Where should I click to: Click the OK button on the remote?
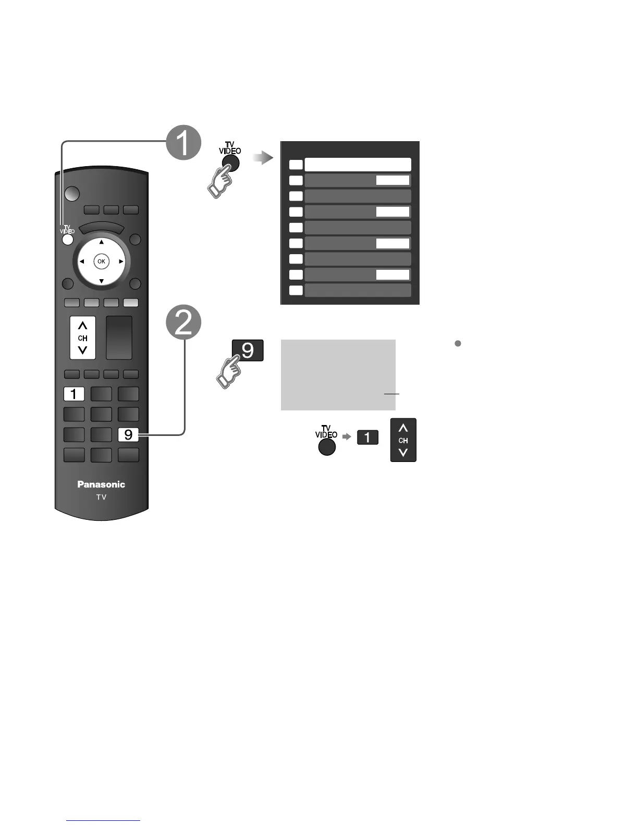pyautogui.click(x=101, y=261)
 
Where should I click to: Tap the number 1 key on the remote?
pyautogui.click(x=73, y=394)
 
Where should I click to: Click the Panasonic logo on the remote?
pyautogui.click(x=101, y=484)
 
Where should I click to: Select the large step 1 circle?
pyautogui.click(x=183, y=143)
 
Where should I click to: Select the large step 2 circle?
pyautogui.click(x=183, y=323)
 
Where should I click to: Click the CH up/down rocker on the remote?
pyautogui.click(x=83, y=338)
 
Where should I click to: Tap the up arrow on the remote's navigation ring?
pyautogui.click(x=102, y=242)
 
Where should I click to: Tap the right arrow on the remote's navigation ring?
pyautogui.click(x=121, y=261)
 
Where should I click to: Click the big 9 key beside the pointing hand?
pyautogui.click(x=248, y=350)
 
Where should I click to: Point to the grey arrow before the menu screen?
pyautogui.click(x=263, y=158)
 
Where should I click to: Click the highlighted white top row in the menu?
pyautogui.click(x=358, y=165)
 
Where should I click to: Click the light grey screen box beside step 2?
pyautogui.click(x=338, y=374)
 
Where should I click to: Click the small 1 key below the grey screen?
pyautogui.click(x=367, y=437)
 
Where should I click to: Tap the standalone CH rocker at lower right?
pyautogui.click(x=403, y=440)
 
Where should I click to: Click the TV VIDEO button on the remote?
pyautogui.click(x=67, y=240)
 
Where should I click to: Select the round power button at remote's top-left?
pyautogui.click(x=72, y=194)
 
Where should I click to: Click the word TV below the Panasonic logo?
pyautogui.click(x=101, y=497)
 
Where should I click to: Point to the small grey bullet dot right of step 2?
pyautogui.click(x=458, y=343)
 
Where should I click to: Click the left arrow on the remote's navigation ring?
pyautogui.click(x=82, y=261)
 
